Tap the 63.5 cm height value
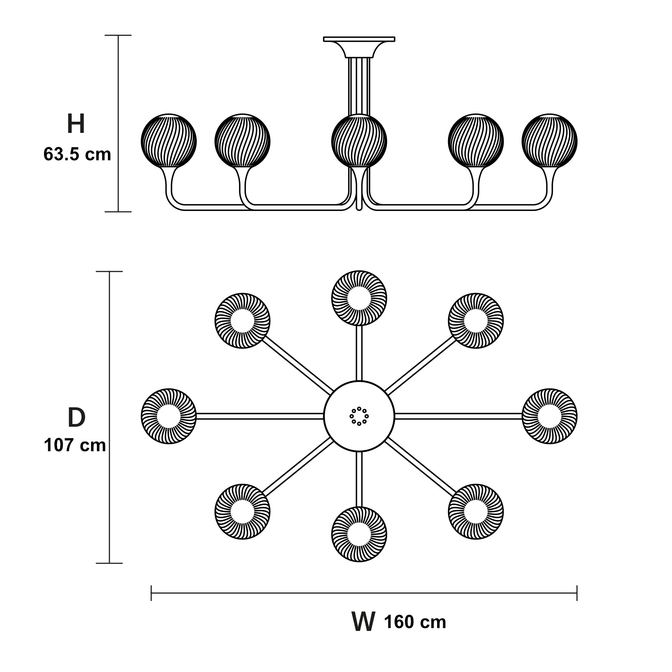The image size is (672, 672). (77, 154)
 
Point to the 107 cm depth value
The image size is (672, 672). (75, 445)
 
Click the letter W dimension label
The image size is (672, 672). (363, 621)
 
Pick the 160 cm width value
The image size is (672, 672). (415, 622)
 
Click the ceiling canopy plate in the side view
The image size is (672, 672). (359, 39)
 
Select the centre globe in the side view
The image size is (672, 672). (359, 141)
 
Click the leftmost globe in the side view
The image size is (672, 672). (169, 141)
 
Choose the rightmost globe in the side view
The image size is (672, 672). (550, 141)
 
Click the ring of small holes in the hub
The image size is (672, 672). (359, 416)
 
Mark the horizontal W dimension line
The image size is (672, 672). (364, 592)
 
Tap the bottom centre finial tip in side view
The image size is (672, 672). (359, 209)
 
